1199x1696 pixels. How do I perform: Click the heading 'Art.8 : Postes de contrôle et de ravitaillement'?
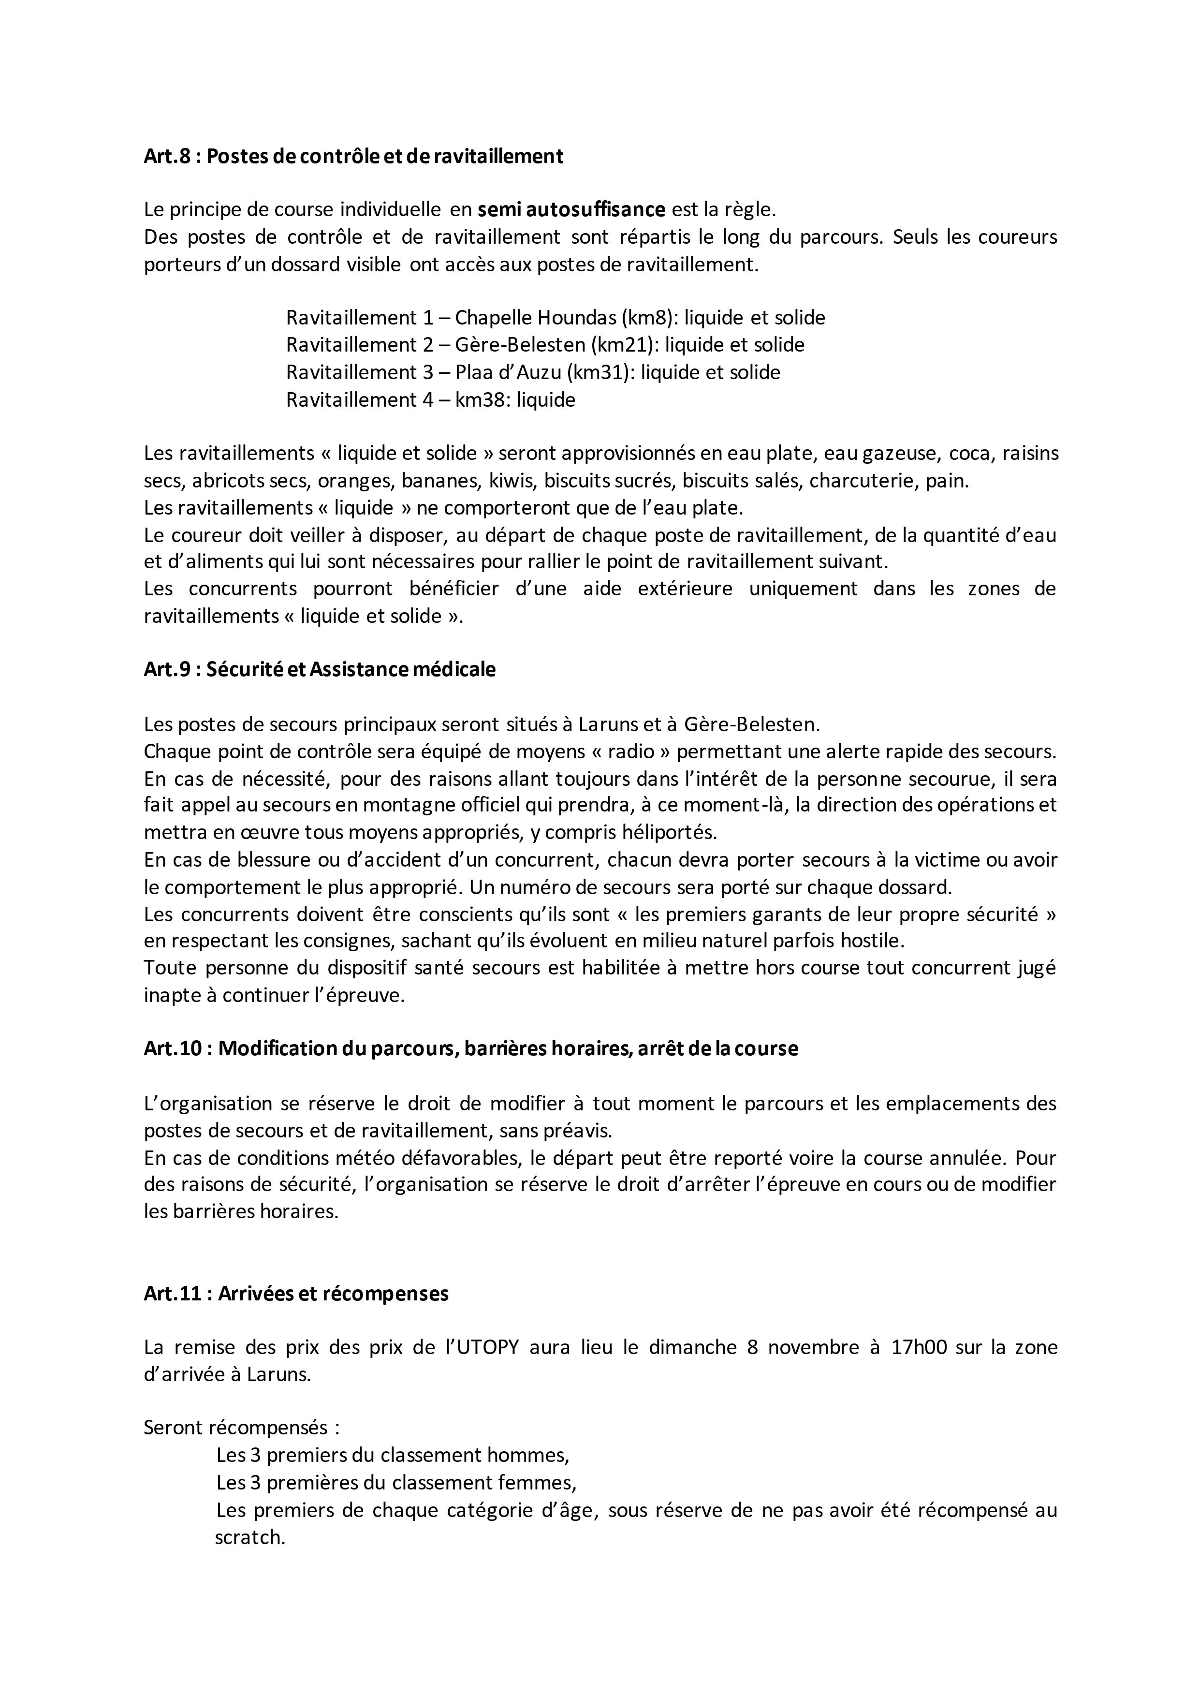click(353, 157)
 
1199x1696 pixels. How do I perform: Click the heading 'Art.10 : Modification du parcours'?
click(470, 1049)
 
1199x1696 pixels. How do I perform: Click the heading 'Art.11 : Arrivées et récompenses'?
click(296, 1294)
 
